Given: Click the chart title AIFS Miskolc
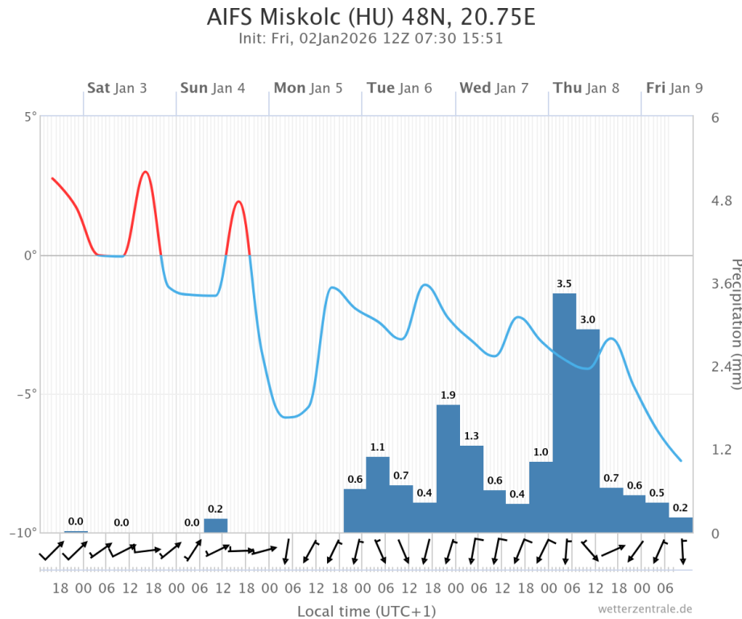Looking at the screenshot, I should tap(371, 17).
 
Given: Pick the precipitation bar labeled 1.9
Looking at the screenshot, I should tap(448, 468).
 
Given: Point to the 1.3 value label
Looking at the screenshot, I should tap(471, 436).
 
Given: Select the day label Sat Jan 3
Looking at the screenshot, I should tap(117, 88).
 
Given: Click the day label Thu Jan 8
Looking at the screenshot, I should tap(585, 88).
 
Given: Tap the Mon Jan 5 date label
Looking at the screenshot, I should tap(308, 88).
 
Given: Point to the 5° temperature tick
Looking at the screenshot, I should tap(31, 118).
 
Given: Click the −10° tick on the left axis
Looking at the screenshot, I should tap(26, 533).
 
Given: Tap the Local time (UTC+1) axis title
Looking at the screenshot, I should tap(367, 611).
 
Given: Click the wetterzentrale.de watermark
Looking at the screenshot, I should tap(645, 609).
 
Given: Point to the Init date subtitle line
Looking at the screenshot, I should tap(371, 39).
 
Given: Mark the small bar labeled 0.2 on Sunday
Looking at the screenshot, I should tap(216, 526).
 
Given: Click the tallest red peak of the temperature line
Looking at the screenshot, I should tap(145, 172).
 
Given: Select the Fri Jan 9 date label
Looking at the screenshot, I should tap(674, 88).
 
